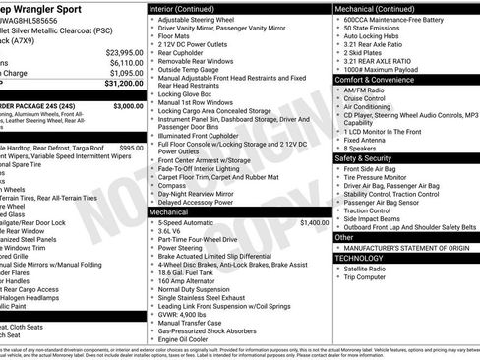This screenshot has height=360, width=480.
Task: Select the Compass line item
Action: tap(172, 185)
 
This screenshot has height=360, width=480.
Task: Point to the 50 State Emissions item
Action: tap(375, 30)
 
